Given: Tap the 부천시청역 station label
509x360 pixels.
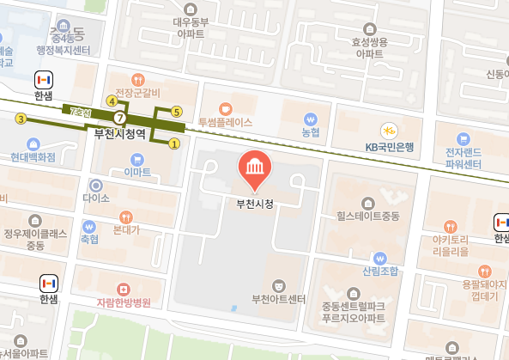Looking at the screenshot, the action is point(120,133).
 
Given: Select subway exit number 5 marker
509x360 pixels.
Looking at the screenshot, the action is point(177,111).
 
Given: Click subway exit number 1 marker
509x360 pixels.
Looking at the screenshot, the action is point(175,144).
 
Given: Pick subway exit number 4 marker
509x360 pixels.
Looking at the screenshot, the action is point(111,101).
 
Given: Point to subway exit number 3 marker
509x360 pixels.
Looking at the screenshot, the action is point(21,118).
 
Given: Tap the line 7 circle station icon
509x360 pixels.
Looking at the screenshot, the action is point(120,117).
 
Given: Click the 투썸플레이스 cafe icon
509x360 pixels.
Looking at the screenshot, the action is point(225,108).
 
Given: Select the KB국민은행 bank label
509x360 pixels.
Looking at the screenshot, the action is point(389,147).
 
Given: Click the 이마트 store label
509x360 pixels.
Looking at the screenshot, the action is point(137,172).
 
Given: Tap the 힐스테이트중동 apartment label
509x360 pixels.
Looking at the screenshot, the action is point(368,216).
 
